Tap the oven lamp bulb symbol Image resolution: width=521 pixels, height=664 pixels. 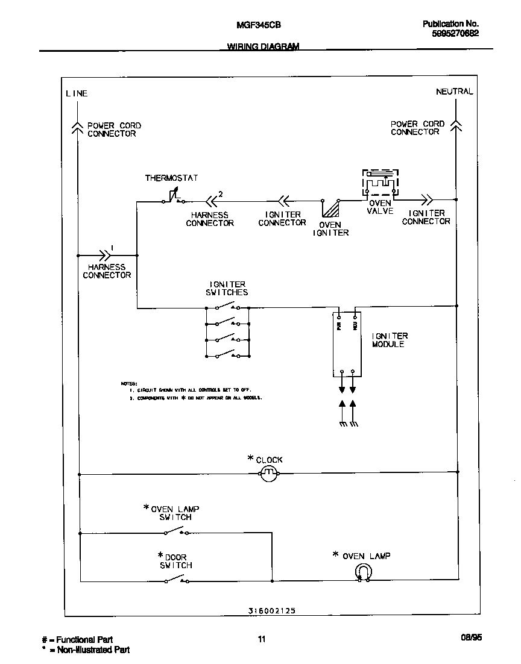click(x=363, y=572)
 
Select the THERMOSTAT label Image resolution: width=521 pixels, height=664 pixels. click(x=171, y=178)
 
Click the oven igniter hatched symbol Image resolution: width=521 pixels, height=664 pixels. click(x=331, y=208)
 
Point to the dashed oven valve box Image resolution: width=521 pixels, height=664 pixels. click(x=380, y=183)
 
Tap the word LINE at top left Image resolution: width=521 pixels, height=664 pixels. click(x=77, y=93)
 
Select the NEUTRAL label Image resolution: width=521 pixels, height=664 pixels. click(x=454, y=92)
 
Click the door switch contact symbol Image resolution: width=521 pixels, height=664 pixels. click(x=176, y=580)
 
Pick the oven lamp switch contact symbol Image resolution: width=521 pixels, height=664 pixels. click(x=176, y=531)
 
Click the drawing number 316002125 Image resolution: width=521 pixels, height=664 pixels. click(x=271, y=610)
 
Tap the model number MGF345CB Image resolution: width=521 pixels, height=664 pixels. click(x=257, y=25)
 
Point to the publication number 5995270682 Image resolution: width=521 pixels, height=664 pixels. click(x=455, y=34)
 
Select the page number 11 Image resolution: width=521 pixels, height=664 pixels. click(x=261, y=639)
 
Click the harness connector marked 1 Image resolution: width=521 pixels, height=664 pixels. click(x=107, y=255)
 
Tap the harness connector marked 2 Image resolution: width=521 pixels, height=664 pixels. click(x=212, y=201)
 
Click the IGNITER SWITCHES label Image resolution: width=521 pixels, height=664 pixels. click(x=228, y=288)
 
